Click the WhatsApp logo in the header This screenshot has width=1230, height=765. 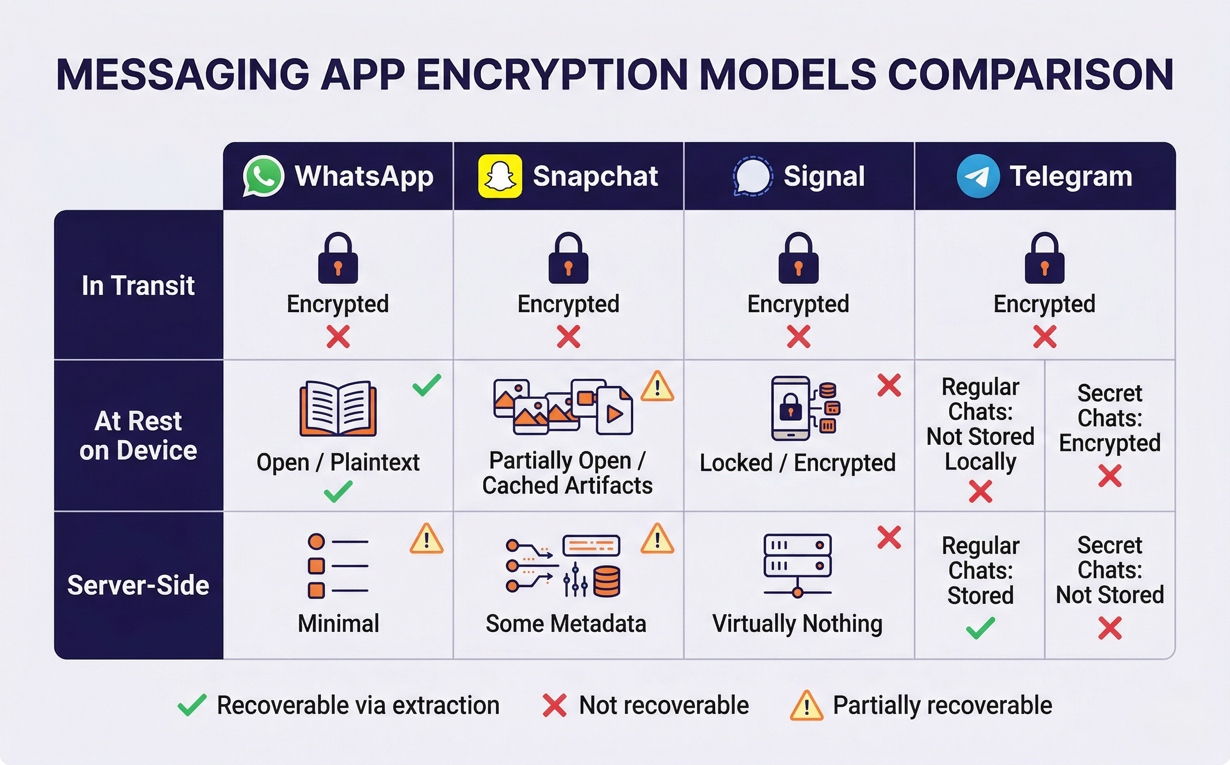(263, 176)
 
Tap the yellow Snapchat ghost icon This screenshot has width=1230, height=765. (500, 176)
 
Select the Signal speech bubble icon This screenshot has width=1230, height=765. (752, 176)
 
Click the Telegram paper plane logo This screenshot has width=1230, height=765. (977, 176)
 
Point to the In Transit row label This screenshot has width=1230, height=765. (138, 285)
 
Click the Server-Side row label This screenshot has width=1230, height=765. (138, 585)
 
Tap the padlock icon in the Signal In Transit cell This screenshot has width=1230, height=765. (798, 258)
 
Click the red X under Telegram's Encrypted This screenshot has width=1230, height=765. (1044, 337)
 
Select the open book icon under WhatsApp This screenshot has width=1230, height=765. (338, 408)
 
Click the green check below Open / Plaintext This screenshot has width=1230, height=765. (338, 491)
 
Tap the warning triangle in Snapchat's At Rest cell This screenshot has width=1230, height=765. (657, 387)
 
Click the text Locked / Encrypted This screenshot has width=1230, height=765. (797, 463)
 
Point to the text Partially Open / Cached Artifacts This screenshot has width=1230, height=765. (567, 472)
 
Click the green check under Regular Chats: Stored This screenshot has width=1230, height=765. (980, 629)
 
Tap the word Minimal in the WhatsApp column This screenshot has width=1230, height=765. (338, 623)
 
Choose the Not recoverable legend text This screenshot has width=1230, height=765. (663, 705)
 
